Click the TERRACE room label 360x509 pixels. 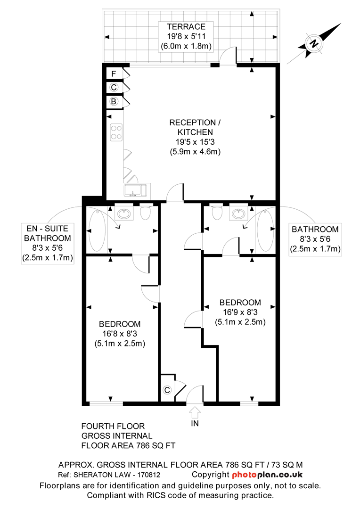coord(186,26)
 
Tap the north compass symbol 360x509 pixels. coord(314,43)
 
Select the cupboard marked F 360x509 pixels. coord(115,74)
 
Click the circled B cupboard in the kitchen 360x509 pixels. coord(115,102)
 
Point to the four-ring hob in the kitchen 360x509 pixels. coord(116,132)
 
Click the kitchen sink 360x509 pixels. coord(137,190)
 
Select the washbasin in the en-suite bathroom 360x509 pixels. coord(124,213)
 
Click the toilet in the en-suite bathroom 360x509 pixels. coord(146,212)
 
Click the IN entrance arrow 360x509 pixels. coord(195,412)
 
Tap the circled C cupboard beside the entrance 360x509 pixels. coord(167,390)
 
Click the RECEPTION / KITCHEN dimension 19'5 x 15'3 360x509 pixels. coord(196,142)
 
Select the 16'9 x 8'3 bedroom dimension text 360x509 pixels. coord(240,312)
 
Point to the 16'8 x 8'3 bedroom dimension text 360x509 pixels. coord(120,334)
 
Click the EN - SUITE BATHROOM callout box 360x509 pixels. coord(48,243)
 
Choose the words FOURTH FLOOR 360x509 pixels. coord(113,426)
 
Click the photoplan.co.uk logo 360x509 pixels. coord(267,475)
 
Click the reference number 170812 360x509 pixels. coord(149,475)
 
